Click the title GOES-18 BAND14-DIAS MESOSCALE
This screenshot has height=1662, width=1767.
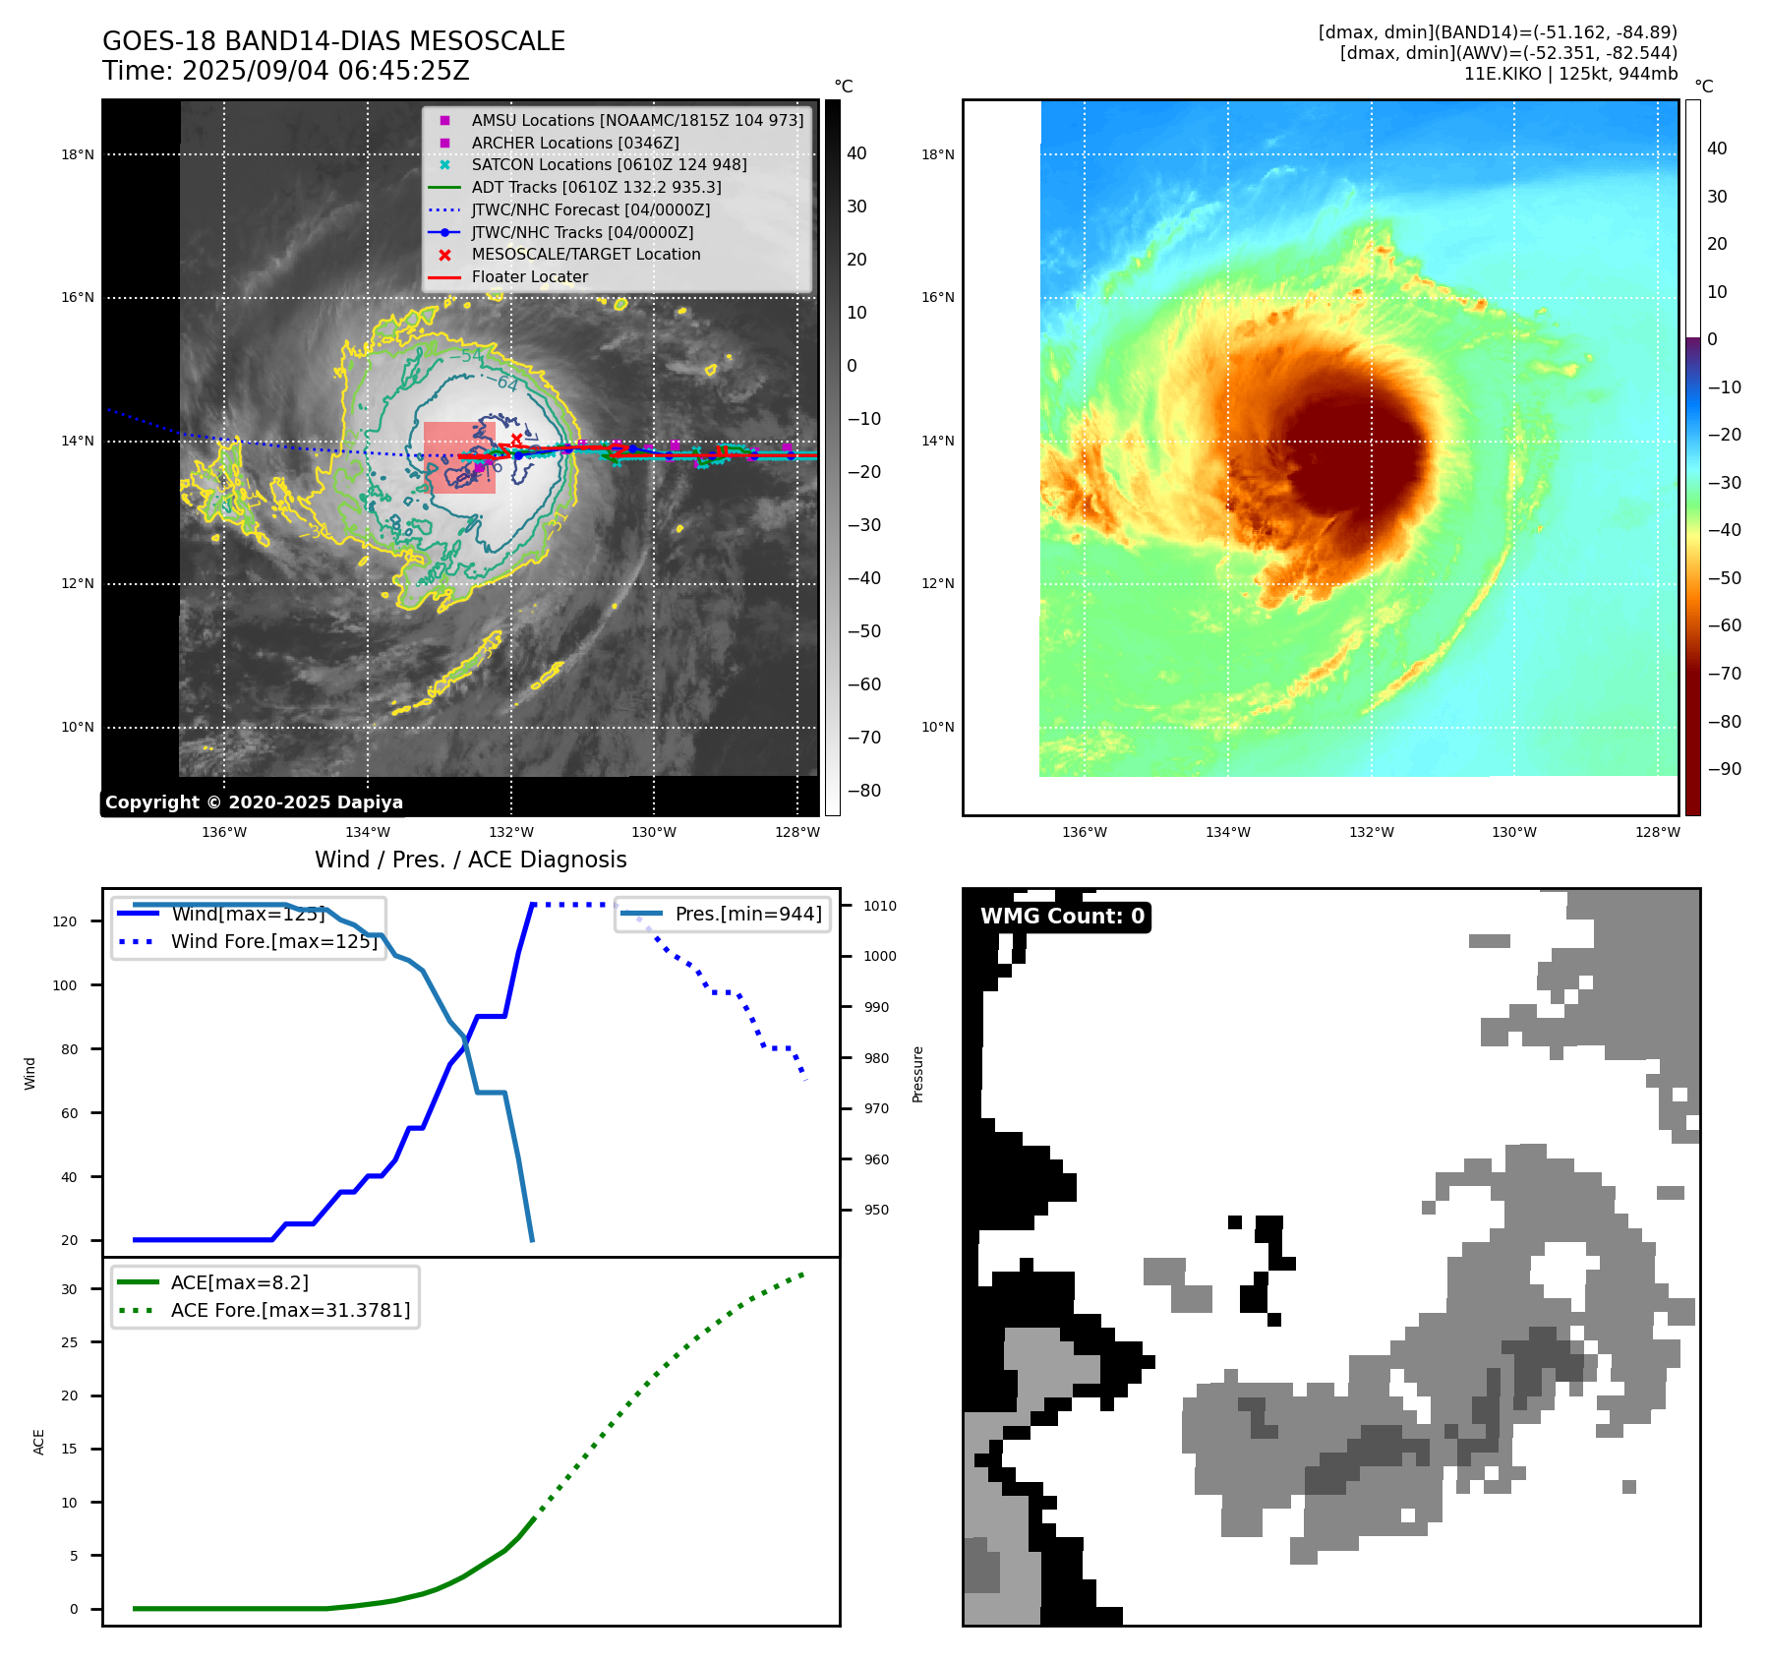pyautogui.click(x=333, y=41)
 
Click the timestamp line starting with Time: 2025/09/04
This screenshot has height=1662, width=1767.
pyautogui.click(x=285, y=71)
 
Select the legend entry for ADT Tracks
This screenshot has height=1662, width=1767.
pyautogui.click(x=596, y=187)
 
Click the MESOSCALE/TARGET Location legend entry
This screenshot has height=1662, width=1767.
pyautogui.click(x=585, y=254)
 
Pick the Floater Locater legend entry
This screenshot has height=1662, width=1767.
pyautogui.click(x=529, y=276)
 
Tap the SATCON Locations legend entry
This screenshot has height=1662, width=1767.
pyautogui.click(x=609, y=164)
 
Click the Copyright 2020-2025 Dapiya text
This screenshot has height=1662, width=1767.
pyautogui.click(x=254, y=802)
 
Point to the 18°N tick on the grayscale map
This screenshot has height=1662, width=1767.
pyautogui.click(x=78, y=154)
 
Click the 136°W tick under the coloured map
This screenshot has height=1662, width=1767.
pyautogui.click(x=1084, y=832)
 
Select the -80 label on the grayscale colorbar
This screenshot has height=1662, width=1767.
pyautogui.click(x=864, y=791)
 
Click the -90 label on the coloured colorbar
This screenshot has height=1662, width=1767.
pyautogui.click(x=1724, y=769)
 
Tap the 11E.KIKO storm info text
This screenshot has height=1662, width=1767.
pyautogui.click(x=1570, y=74)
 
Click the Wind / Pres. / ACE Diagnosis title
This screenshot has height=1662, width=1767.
pyautogui.click(x=470, y=860)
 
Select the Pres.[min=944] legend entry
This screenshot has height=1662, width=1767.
pyautogui.click(x=747, y=914)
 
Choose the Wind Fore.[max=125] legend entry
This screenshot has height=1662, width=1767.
pyautogui.click(x=273, y=941)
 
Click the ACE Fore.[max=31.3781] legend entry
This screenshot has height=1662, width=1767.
pyautogui.click(x=290, y=1310)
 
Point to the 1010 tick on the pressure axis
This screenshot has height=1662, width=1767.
pyautogui.click(x=880, y=906)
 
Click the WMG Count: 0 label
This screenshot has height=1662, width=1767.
pyautogui.click(x=1062, y=917)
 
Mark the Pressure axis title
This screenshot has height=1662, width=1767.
pyautogui.click(x=917, y=1074)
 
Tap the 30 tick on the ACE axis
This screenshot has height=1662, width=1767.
pyautogui.click(x=69, y=1289)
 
